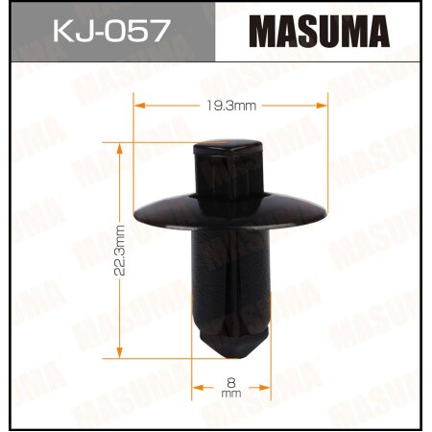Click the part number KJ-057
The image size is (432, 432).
tap(108, 33)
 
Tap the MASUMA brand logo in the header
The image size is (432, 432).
tap(321, 31)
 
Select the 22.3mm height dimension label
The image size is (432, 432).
tap(120, 250)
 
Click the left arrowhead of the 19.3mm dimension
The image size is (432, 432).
tap(134, 103)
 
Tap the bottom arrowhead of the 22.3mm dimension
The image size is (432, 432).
tap(119, 352)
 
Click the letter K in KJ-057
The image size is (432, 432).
tap(55, 33)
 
